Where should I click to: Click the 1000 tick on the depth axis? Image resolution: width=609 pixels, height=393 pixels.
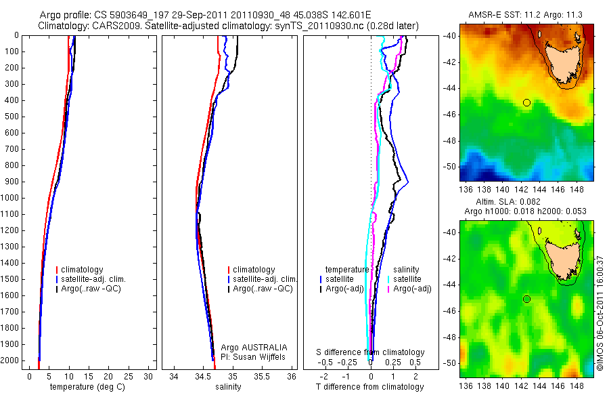(x=12, y=198)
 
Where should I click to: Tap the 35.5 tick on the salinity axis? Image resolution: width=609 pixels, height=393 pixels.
(x=263, y=376)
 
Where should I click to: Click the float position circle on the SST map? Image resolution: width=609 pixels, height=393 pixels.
(x=526, y=102)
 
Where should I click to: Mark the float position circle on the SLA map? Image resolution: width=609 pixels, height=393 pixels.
(x=526, y=299)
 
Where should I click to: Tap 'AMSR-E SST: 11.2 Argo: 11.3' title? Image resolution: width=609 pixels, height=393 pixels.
(x=525, y=14)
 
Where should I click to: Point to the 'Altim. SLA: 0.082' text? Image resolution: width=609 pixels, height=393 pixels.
(x=526, y=203)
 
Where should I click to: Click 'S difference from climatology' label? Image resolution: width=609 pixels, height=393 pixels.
(x=371, y=352)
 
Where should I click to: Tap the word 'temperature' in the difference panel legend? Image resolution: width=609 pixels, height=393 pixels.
(x=347, y=270)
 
